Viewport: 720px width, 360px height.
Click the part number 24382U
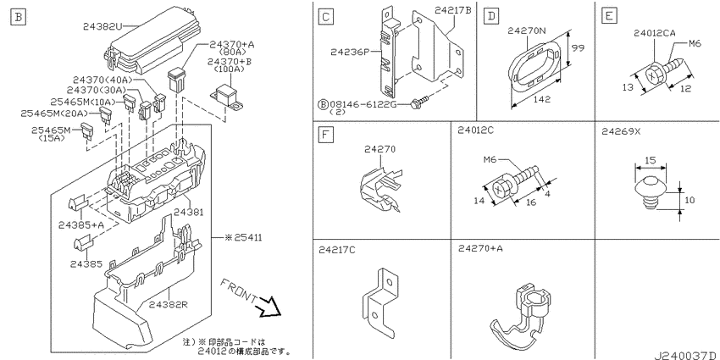point(102,26)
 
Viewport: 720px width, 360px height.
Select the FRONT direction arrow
point(269,307)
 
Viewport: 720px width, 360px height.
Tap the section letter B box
point(18,18)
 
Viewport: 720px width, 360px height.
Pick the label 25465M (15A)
point(51,135)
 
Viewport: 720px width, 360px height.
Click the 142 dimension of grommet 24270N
point(542,99)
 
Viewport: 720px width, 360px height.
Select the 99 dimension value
point(578,47)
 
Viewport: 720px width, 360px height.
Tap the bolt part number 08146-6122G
point(363,105)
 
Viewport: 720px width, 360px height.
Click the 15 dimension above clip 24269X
point(650,160)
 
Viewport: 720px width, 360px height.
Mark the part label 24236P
point(350,52)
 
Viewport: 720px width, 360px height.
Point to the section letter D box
point(491,17)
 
